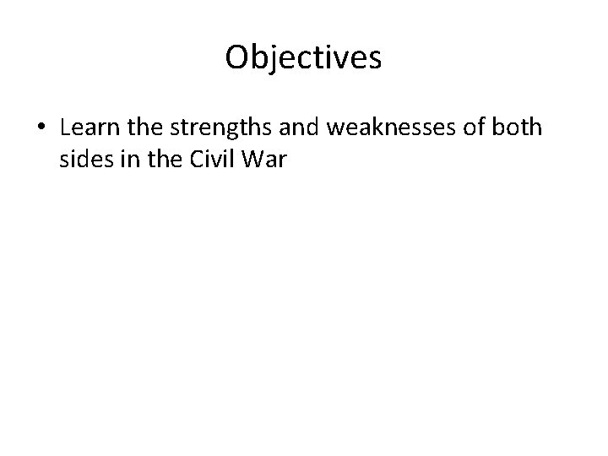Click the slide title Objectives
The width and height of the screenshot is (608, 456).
click(x=304, y=57)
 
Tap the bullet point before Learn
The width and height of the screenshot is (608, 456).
click(x=41, y=129)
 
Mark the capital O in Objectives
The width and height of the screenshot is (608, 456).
click(x=239, y=57)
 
